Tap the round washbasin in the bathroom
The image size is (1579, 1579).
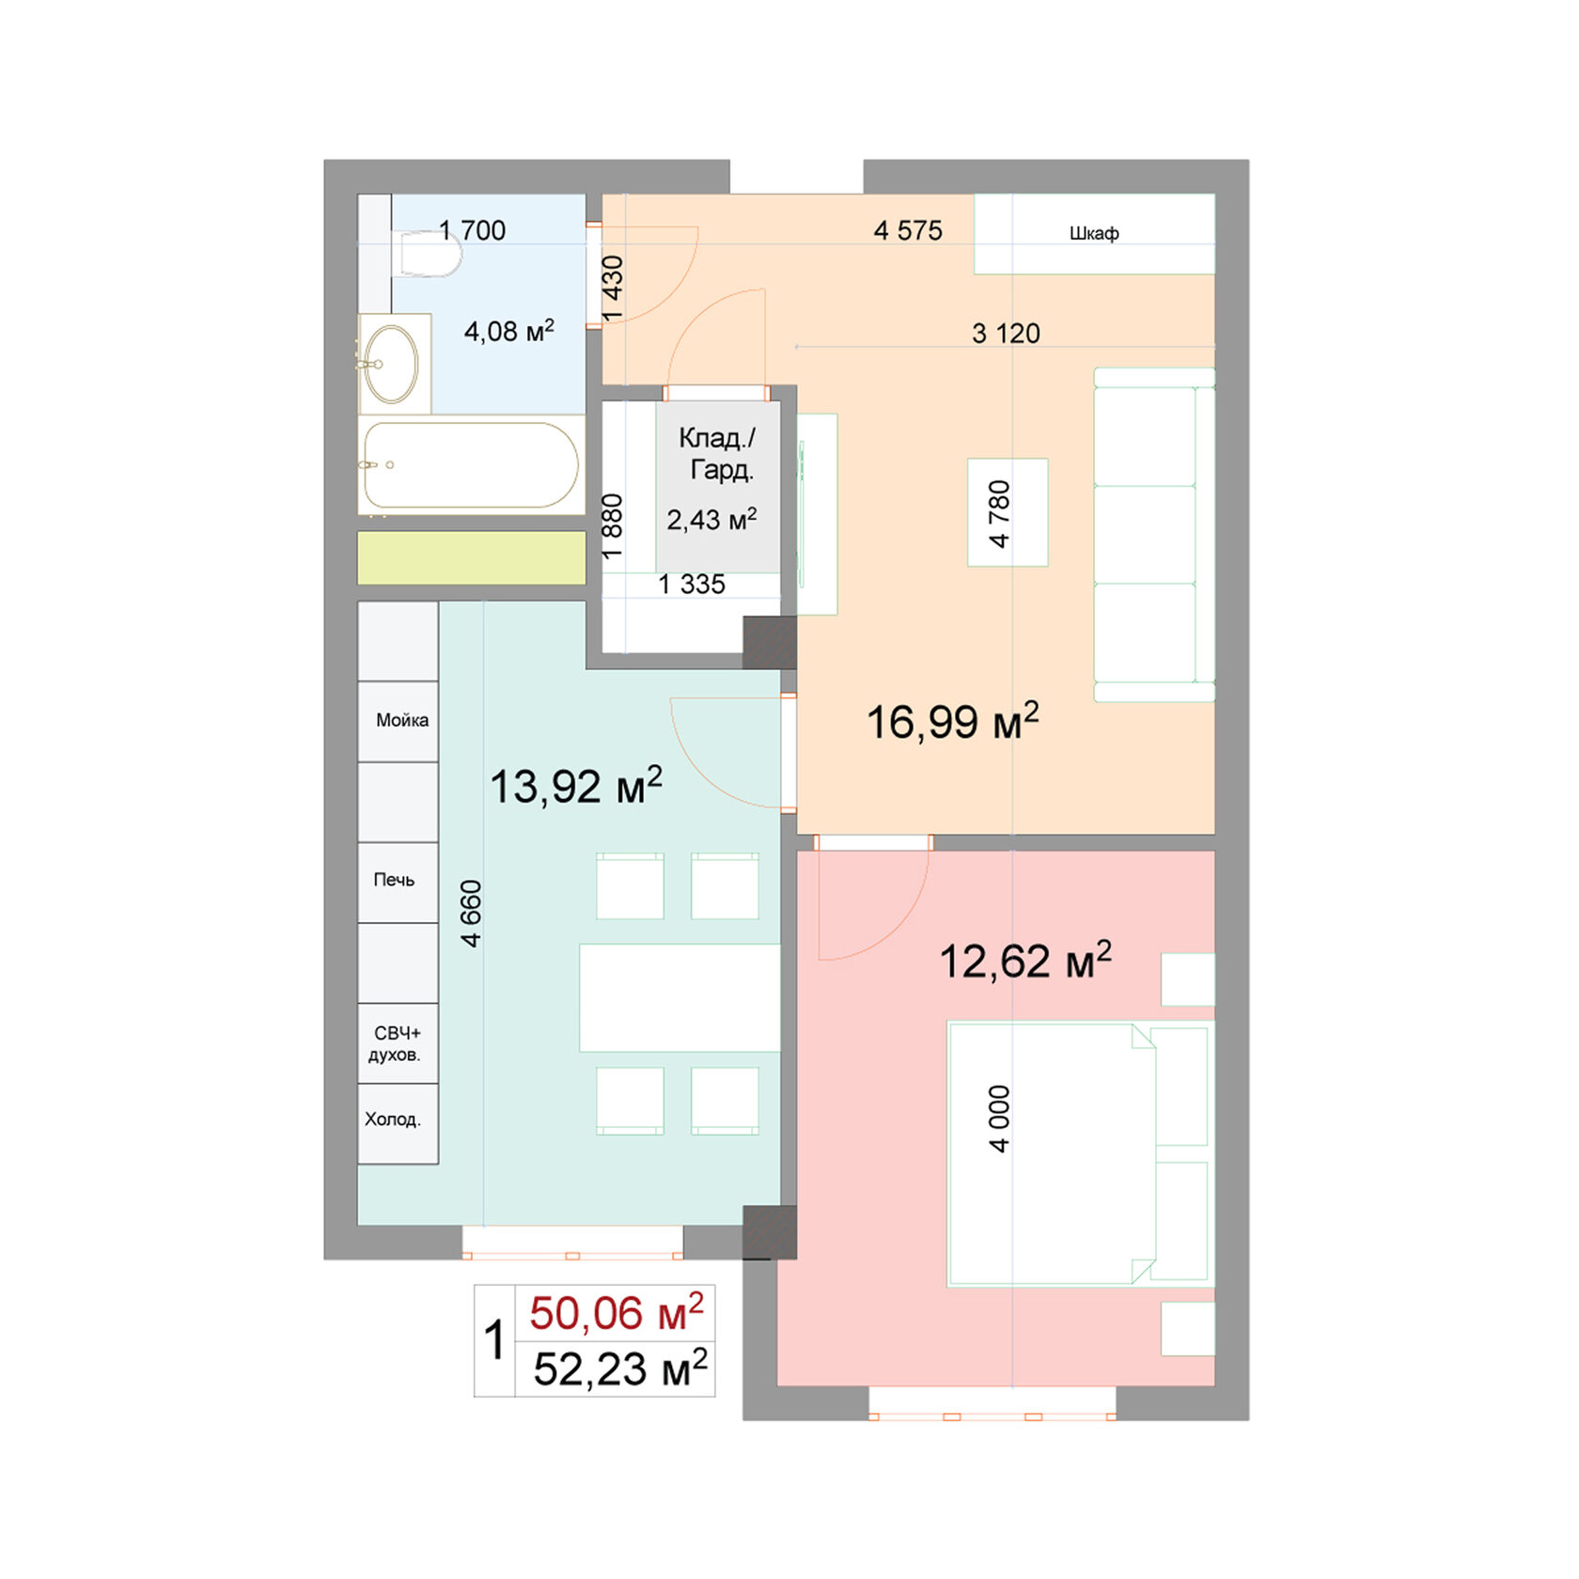coord(391,364)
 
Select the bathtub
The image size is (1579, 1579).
coord(471,465)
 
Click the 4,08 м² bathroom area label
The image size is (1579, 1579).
coord(508,331)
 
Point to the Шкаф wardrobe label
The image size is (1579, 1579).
coord(1094,233)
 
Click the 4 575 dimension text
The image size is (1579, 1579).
coord(907,230)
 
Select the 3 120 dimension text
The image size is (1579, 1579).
coord(1006,333)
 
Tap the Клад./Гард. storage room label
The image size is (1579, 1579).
coord(717,453)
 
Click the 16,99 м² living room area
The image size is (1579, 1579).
coord(952,722)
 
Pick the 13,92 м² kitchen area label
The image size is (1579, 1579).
coord(575,786)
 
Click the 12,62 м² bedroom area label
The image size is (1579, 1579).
coord(1024,961)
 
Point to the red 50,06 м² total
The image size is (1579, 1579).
coord(616,1313)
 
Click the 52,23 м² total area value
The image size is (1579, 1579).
coord(619,1368)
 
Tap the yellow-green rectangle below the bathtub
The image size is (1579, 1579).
coord(471,557)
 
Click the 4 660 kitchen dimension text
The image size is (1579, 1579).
coord(471,913)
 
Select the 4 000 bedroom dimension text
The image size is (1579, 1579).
coord(999,1118)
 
